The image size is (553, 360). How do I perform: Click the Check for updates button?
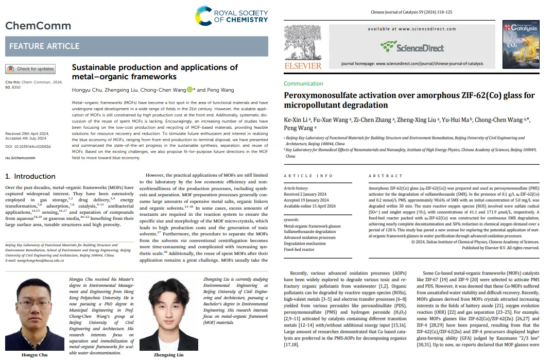tap(30, 68)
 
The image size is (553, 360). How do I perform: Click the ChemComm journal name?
tap(38, 26)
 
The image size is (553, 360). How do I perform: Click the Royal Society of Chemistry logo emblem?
tap(205, 16)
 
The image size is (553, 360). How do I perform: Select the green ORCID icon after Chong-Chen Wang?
tap(189, 90)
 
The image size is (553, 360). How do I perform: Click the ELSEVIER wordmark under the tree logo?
tap(303, 65)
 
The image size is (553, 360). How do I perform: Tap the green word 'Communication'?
tap(304, 83)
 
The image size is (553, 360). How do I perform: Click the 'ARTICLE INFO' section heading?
tap(309, 176)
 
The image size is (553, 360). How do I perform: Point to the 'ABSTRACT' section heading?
tap(386, 176)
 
